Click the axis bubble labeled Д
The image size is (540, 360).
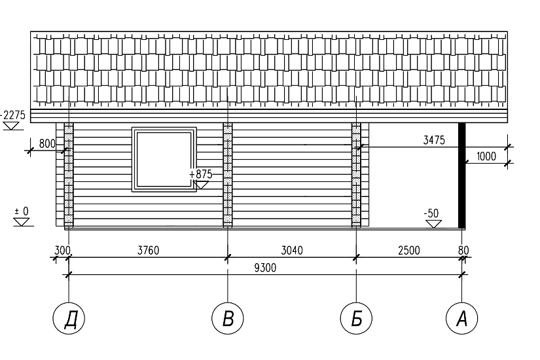tap(69, 318)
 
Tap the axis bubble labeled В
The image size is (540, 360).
tap(228, 318)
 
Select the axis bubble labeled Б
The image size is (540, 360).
tap(356, 318)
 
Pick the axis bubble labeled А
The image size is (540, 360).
tap(462, 318)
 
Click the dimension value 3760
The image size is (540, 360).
tap(149, 251)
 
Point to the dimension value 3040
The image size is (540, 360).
tap(292, 251)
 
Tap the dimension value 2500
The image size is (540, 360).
tap(409, 251)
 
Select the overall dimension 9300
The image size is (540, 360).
tap(265, 268)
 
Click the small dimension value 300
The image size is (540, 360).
tap(62, 251)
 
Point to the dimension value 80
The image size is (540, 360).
tap(463, 251)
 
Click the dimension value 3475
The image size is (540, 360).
tap(434, 140)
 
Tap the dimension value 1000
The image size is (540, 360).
tap(486, 156)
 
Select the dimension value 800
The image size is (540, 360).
tap(47, 143)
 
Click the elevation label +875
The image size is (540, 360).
tap(201, 174)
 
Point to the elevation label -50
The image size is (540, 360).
tap(431, 213)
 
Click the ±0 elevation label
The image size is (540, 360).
tap(22, 211)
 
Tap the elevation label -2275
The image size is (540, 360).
tap(13, 115)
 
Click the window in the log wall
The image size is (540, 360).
tap(164, 160)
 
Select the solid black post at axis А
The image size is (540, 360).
tap(462, 175)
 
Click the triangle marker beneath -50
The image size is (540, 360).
tap(433, 225)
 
